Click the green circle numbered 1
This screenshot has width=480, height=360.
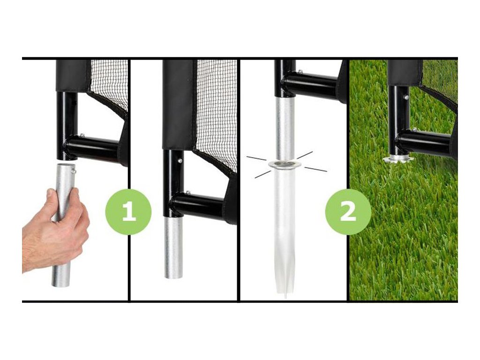128,212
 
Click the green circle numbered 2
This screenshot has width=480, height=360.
348,212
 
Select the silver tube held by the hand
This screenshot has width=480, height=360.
63,225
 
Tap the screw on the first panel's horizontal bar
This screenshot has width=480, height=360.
82,135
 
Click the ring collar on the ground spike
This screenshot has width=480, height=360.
285,165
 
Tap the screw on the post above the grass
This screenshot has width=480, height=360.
406,97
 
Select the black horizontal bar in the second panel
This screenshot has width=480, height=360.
198,205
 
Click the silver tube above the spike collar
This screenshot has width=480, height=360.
285,128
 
